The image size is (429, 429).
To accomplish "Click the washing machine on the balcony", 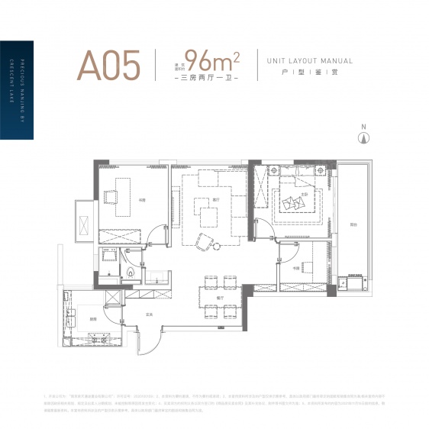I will coord(356,284).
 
